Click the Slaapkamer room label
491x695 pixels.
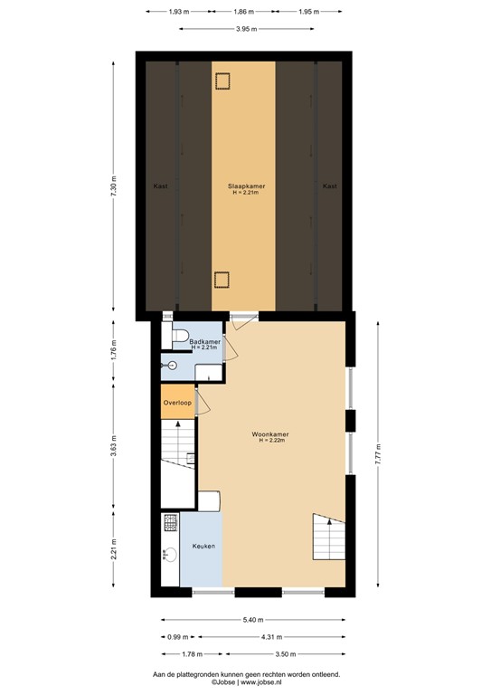(x=243, y=186)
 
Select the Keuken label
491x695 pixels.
(x=203, y=547)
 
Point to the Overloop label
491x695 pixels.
(x=176, y=402)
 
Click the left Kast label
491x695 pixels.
(x=160, y=186)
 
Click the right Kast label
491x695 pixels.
(x=330, y=186)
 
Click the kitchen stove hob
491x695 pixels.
(x=169, y=522)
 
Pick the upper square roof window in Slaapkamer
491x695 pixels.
(x=222, y=81)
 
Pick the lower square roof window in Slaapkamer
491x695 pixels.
(x=222, y=279)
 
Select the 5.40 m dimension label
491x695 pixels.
(x=252, y=620)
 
